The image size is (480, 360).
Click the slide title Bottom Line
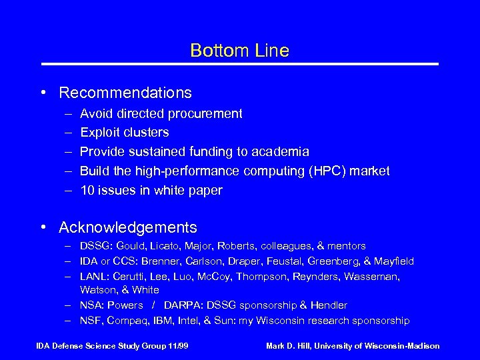pos(239,51)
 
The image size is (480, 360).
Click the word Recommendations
pos(125,93)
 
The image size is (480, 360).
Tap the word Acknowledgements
pos(128,228)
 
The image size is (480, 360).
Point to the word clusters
pos(146,133)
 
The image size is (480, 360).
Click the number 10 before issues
pos(87,190)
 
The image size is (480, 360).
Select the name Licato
pos(168,247)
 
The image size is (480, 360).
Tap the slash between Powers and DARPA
pos(153,305)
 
